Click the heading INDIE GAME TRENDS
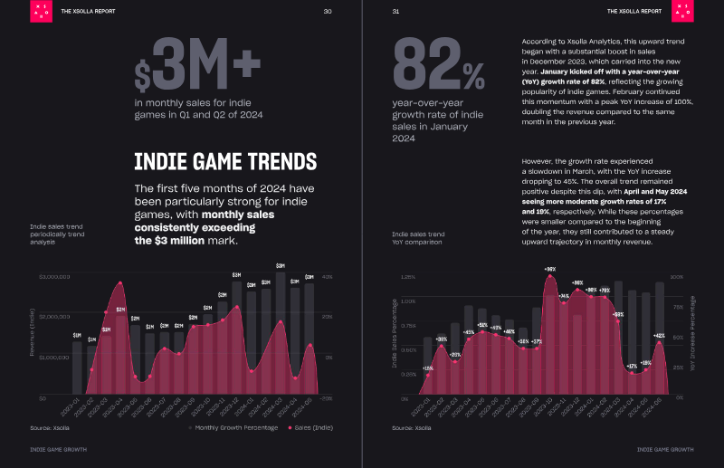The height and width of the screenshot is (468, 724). point(225,162)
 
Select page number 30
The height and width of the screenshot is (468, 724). point(328,12)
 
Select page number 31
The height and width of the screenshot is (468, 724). point(396,12)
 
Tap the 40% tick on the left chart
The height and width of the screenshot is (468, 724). point(328,277)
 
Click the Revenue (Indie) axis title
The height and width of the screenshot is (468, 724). point(33,337)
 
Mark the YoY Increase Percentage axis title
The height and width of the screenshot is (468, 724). point(692,337)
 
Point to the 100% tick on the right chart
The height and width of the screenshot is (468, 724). point(676,277)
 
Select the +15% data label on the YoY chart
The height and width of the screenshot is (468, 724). point(427,368)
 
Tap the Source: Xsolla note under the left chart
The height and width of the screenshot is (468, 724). point(52,426)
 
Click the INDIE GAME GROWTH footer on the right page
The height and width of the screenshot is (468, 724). point(665,449)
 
